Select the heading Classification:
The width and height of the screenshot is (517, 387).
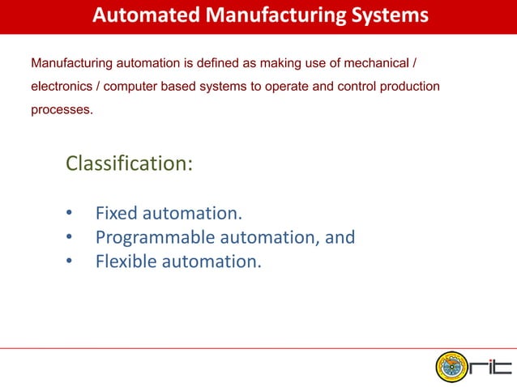point(129,164)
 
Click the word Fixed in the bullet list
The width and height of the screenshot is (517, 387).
point(116,214)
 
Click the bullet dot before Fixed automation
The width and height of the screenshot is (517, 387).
point(70,215)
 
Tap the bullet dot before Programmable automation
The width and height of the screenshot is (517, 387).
point(70,238)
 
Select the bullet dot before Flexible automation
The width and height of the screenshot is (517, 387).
point(70,262)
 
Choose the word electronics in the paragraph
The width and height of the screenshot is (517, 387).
point(62,87)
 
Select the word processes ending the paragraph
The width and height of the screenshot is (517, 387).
point(61,109)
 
